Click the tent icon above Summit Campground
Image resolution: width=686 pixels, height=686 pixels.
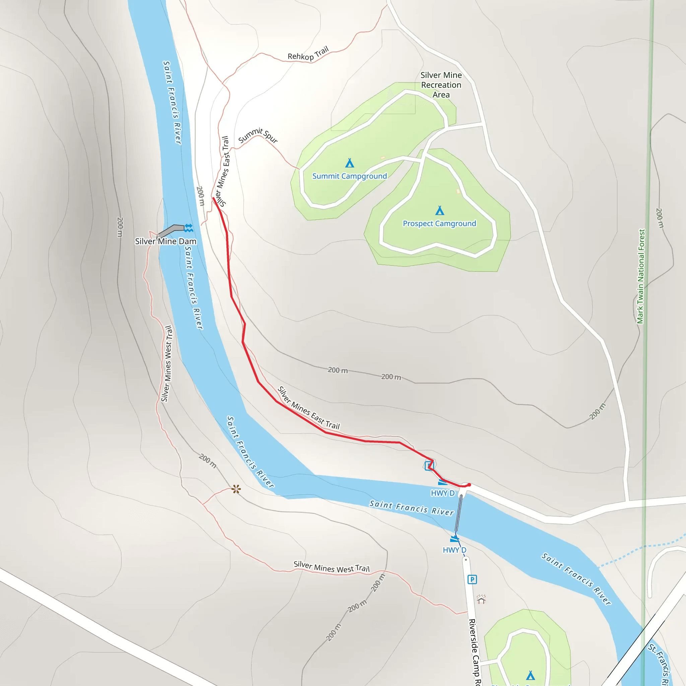click(350, 163)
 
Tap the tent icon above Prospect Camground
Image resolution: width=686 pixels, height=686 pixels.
click(439, 211)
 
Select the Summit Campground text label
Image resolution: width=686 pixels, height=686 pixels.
click(349, 176)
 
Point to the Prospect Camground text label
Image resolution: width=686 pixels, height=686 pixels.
click(439, 224)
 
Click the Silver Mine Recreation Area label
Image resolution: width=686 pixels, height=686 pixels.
click(441, 85)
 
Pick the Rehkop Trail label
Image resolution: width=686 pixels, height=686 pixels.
click(308, 54)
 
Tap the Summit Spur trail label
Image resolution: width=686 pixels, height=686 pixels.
click(258, 135)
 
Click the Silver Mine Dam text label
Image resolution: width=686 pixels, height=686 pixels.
click(165, 242)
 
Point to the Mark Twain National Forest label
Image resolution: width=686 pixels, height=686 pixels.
click(640, 276)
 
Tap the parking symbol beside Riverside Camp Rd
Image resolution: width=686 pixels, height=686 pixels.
click(472, 579)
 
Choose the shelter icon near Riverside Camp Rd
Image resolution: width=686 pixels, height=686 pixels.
click(481, 600)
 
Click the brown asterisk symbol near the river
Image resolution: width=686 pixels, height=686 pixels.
click(236, 489)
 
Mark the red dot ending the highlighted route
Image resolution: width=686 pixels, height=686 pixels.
click(469, 485)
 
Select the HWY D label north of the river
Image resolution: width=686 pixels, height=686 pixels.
click(442, 493)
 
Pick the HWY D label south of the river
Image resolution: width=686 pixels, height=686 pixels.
click(455, 550)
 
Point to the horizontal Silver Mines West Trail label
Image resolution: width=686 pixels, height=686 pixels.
click(331, 567)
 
